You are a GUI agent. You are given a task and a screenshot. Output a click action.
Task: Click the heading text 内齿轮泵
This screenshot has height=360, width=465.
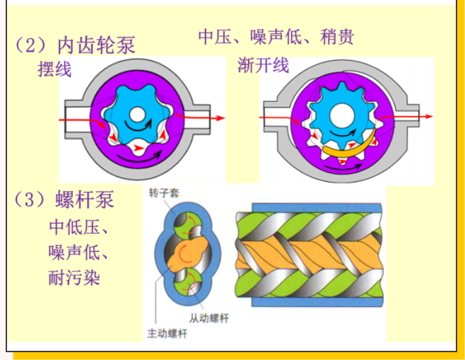click(96, 45)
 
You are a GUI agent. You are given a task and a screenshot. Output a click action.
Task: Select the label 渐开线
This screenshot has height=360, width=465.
click(264, 66)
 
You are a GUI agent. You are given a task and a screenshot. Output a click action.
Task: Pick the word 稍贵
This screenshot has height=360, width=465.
click(336, 37)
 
